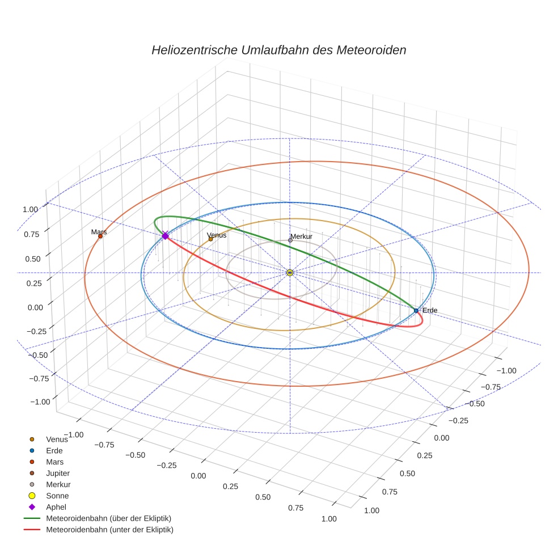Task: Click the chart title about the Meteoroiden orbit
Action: point(278,50)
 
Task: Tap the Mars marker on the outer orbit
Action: point(100,236)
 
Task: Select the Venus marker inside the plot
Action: point(210,239)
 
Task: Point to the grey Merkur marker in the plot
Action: point(290,240)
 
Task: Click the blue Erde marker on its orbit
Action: point(416,310)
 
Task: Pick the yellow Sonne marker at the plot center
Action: point(290,273)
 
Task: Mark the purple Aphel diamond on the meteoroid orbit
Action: point(165,235)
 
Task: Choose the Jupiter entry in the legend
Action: point(58,473)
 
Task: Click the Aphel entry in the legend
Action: point(57,507)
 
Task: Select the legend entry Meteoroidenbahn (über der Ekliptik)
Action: point(108,518)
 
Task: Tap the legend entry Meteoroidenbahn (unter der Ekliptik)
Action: point(109,530)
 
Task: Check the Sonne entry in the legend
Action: point(57,496)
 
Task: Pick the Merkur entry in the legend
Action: point(58,484)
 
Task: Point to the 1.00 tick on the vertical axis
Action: point(30,209)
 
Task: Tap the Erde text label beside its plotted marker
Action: point(430,310)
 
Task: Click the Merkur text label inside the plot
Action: point(301,236)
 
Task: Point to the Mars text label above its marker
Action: point(99,232)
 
